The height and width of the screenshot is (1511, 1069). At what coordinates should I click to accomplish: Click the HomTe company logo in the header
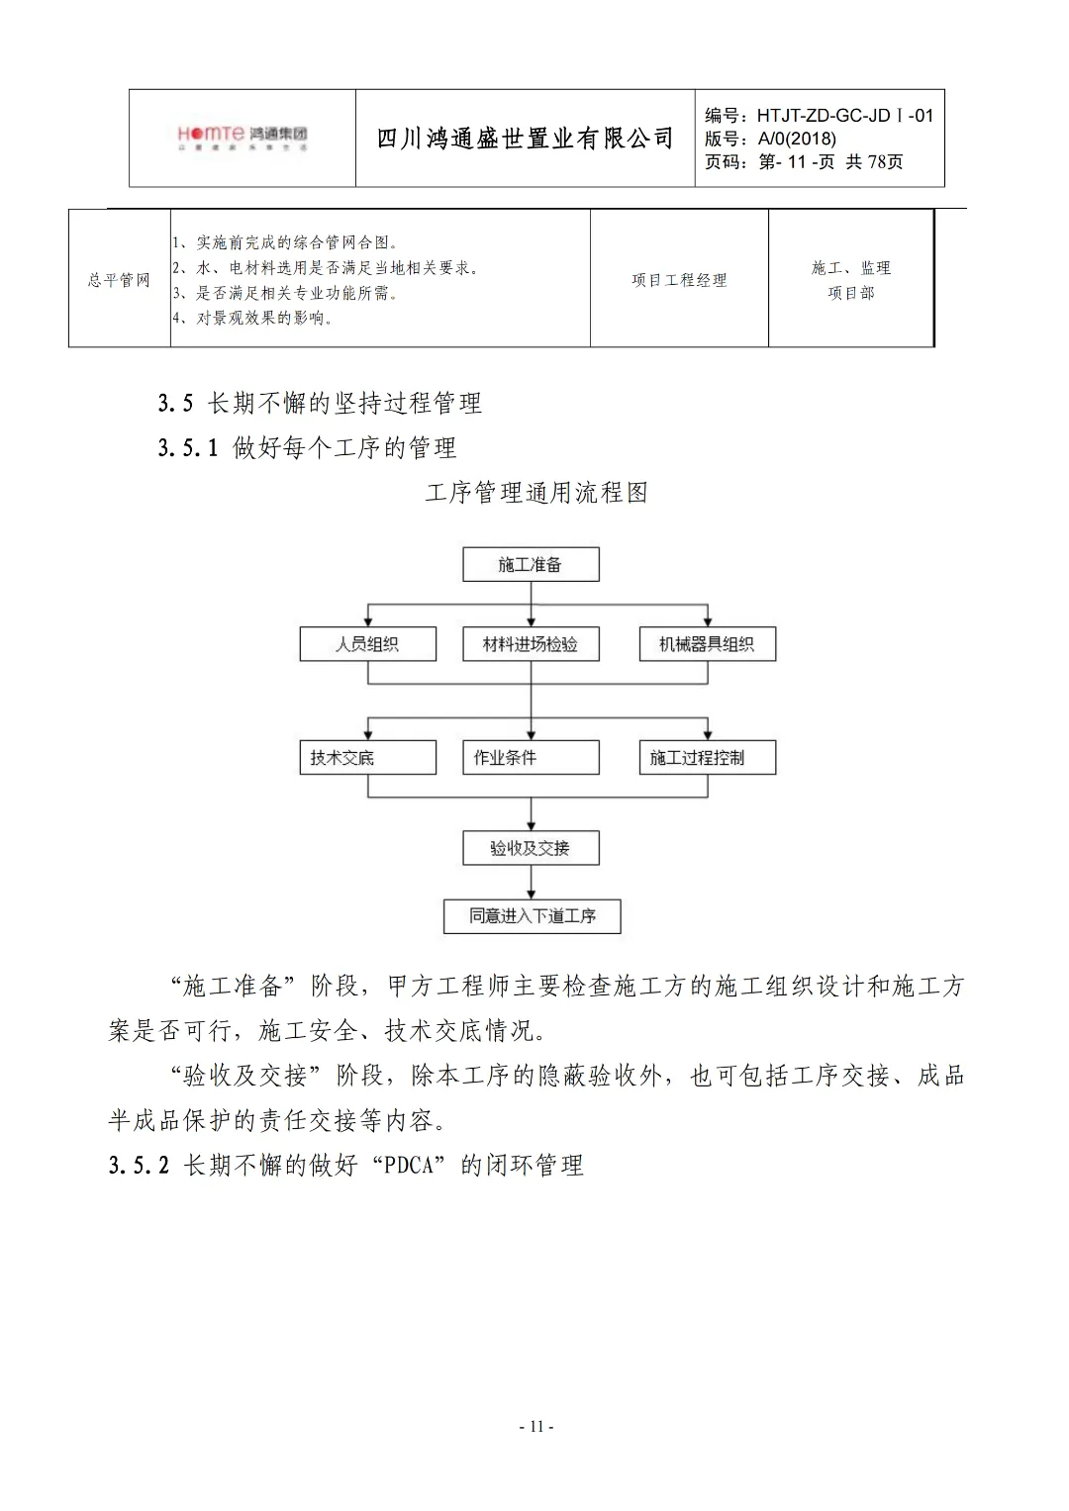pos(243,138)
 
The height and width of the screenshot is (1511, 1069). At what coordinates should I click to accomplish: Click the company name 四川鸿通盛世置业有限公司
pos(525,139)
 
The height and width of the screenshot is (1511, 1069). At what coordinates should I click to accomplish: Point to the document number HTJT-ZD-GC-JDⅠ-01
pos(844,116)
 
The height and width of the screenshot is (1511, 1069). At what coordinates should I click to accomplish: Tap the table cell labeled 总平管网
pos(119,280)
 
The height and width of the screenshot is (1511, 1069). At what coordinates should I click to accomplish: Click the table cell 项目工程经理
pos(679,280)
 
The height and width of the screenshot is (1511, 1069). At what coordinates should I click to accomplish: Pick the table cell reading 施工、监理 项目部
pos(850,280)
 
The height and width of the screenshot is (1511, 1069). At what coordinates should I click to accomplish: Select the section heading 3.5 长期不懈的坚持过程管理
pos(320,403)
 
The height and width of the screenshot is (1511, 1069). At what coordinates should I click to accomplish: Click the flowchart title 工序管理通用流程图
pos(535,493)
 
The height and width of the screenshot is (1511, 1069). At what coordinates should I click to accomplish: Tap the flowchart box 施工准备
pos(531,565)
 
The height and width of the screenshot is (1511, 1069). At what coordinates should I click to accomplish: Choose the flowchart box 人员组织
pos(367,644)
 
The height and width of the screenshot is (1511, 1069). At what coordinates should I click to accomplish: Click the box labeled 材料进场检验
pos(531,644)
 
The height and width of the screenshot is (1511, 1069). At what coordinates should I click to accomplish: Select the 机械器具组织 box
pos(707,644)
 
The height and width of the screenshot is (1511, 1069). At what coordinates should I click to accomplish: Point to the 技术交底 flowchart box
pos(367,758)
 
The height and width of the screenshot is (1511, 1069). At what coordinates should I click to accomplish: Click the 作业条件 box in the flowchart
pos(531,758)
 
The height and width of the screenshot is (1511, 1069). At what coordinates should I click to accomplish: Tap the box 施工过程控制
pos(707,758)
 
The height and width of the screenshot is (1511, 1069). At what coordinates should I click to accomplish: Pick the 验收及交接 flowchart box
pos(531,848)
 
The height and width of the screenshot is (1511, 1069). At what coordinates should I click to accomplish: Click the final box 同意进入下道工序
pos(532,916)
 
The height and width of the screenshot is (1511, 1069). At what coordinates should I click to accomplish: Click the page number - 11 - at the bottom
pos(535,1426)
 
